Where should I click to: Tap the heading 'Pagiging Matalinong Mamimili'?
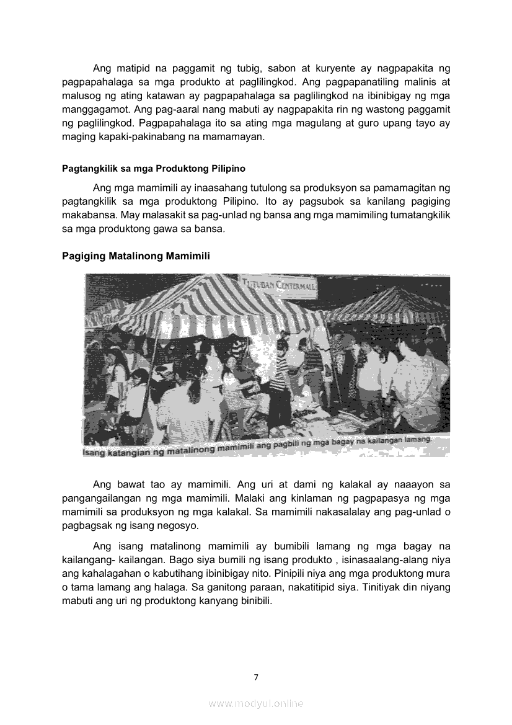[136, 256]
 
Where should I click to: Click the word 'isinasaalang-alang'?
[391, 559]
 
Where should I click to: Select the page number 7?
[256, 677]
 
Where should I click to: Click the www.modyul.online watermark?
[256, 703]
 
